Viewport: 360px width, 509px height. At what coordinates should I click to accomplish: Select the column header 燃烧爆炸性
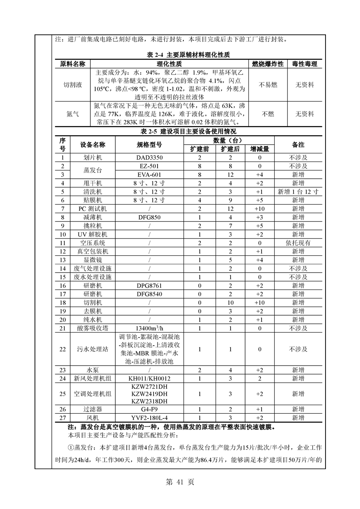[268, 64]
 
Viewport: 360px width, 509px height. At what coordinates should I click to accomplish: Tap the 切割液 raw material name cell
[73, 85]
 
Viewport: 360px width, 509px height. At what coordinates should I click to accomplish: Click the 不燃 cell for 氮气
[268, 114]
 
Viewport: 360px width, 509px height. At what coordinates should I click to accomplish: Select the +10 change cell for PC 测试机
[260, 209]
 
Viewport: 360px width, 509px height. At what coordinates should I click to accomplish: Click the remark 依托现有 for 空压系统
[298, 243]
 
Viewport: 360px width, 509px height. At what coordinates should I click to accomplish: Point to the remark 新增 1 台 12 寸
[298, 191]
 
